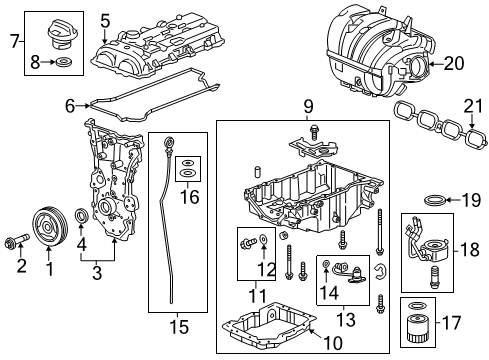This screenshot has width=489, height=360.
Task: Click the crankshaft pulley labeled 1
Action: point(50,227)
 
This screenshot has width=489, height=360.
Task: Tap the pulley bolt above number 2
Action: point(17,241)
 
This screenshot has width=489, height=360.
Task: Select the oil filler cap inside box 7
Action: point(62,36)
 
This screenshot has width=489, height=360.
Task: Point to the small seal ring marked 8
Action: point(63,62)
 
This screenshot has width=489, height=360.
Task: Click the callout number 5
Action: point(105,21)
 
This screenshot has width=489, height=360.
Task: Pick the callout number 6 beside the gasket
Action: point(70,106)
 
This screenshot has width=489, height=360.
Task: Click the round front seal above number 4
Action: point(82,216)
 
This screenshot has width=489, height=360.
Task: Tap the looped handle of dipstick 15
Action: point(168,144)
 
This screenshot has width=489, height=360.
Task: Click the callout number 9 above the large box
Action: point(308,107)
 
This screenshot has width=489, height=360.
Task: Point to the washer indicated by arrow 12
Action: point(264,238)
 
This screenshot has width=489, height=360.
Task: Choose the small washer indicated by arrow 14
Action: point(326,264)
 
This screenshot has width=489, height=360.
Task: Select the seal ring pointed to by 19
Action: point(434,200)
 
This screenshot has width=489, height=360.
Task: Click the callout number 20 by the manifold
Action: point(453,63)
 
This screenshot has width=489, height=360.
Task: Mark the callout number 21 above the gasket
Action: point(473,107)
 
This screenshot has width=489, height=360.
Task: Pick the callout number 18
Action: point(469,250)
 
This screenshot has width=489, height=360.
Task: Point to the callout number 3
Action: point(97,273)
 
